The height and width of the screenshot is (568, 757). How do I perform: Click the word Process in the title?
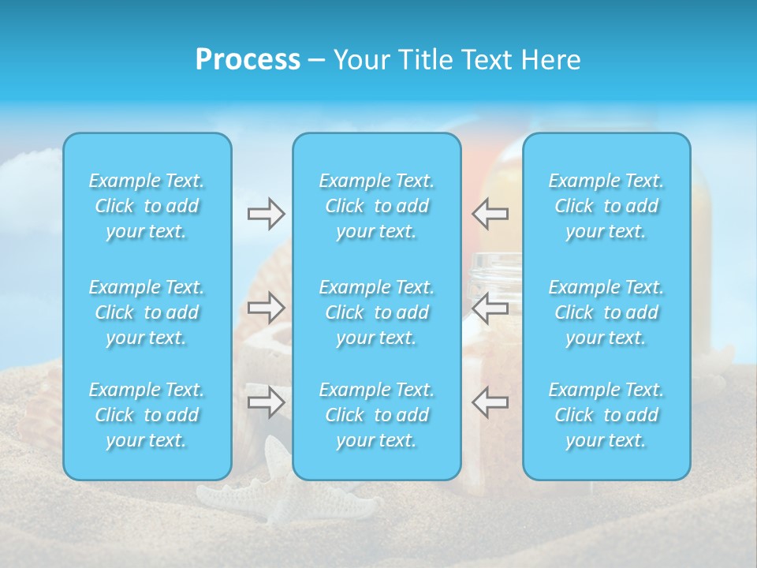coord(248,60)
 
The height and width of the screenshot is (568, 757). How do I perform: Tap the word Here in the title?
coord(550,60)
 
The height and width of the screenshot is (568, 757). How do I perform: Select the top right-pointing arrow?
coord(266,213)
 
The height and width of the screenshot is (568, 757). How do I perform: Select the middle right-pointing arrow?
coord(266,307)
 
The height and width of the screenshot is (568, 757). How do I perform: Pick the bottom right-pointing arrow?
coord(266,402)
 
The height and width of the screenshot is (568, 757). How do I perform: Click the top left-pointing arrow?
coord(490,213)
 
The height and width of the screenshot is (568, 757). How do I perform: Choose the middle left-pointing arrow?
coord(490,307)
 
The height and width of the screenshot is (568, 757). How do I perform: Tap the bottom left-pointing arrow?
coord(490,402)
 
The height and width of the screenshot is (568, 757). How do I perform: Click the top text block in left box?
coord(147,206)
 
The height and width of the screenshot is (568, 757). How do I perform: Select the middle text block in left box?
coord(147,312)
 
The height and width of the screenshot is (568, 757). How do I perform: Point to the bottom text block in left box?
coord(147,415)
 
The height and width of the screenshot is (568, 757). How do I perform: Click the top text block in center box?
coord(376,206)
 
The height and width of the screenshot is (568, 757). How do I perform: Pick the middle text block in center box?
coord(376,312)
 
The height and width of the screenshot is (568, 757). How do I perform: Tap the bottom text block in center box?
coord(376,415)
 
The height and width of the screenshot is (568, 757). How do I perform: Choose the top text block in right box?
coord(606,206)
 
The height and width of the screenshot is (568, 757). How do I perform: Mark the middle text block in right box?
coord(606,312)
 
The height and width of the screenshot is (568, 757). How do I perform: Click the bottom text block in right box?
coord(606,415)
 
